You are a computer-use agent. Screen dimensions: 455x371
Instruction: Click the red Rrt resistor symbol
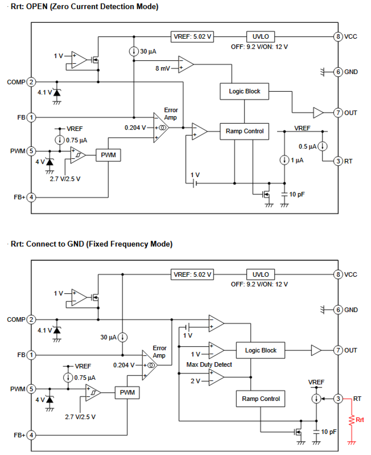tap(352, 420)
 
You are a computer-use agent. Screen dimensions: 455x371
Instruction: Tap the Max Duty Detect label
tap(209, 365)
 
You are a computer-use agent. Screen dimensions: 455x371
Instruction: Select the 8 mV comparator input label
tap(162, 69)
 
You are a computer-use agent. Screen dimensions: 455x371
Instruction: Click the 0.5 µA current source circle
tap(323, 146)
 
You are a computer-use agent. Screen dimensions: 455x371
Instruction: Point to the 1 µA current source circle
tap(284, 160)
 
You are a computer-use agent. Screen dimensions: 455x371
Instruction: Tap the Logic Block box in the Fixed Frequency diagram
tap(261, 350)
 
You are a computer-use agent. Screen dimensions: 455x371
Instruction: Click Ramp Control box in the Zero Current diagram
tap(244, 131)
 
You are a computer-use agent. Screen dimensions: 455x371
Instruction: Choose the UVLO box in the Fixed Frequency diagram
tap(261, 274)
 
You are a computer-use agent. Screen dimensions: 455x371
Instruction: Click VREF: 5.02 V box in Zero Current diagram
tap(192, 37)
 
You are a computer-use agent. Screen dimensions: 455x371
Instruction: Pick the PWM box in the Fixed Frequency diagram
tap(127, 392)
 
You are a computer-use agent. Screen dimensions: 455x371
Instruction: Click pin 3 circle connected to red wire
tap(338, 399)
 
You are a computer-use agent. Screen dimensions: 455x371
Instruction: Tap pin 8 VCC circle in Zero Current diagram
tap(338, 37)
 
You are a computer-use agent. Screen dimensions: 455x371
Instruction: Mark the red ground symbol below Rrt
tap(352, 443)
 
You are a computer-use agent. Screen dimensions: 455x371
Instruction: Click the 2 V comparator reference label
tap(195, 381)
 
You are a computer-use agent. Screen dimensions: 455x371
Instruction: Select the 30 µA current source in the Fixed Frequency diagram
tap(123, 337)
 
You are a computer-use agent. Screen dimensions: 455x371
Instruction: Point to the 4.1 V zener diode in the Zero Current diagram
tap(57, 93)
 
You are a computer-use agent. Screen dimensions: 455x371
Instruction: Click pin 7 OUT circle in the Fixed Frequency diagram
tap(338, 350)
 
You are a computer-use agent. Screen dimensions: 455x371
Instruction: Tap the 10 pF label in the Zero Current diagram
tap(297, 194)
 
